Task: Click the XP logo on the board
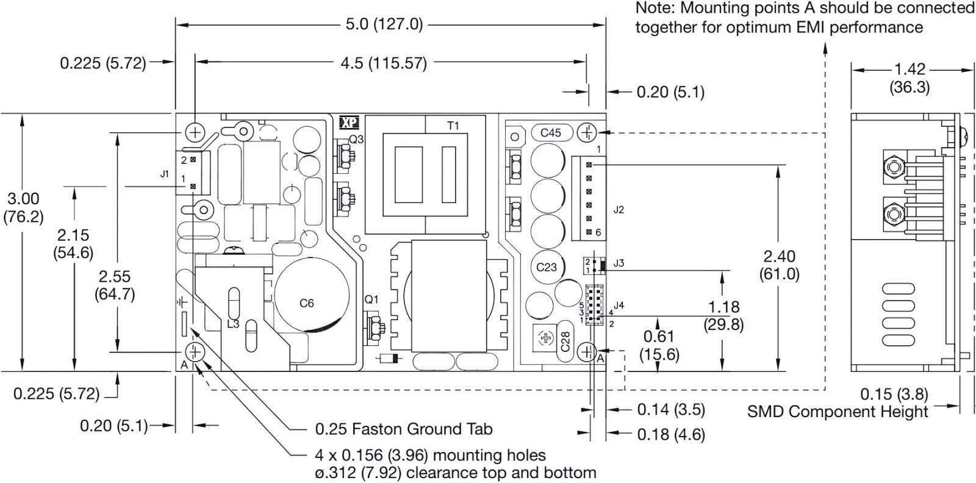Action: (350, 123)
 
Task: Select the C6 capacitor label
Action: (307, 302)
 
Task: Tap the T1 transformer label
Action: (453, 126)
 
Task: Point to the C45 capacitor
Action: (551, 132)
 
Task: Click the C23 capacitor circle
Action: (547, 267)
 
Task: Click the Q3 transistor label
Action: (356, 139)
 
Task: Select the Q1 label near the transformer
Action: (371, 299)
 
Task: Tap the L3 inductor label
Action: (233, 324)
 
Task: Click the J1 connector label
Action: (164, 174)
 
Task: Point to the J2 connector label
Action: (619, 210)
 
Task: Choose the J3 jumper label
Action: (619, 263)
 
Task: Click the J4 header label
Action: (619, 305)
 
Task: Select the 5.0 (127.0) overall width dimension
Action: (384, 24)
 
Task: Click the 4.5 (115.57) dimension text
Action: (384, 62)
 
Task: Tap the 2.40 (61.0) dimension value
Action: (779, 265)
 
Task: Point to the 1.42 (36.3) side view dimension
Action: (909, 78)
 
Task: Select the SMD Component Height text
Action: (838, 412)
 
